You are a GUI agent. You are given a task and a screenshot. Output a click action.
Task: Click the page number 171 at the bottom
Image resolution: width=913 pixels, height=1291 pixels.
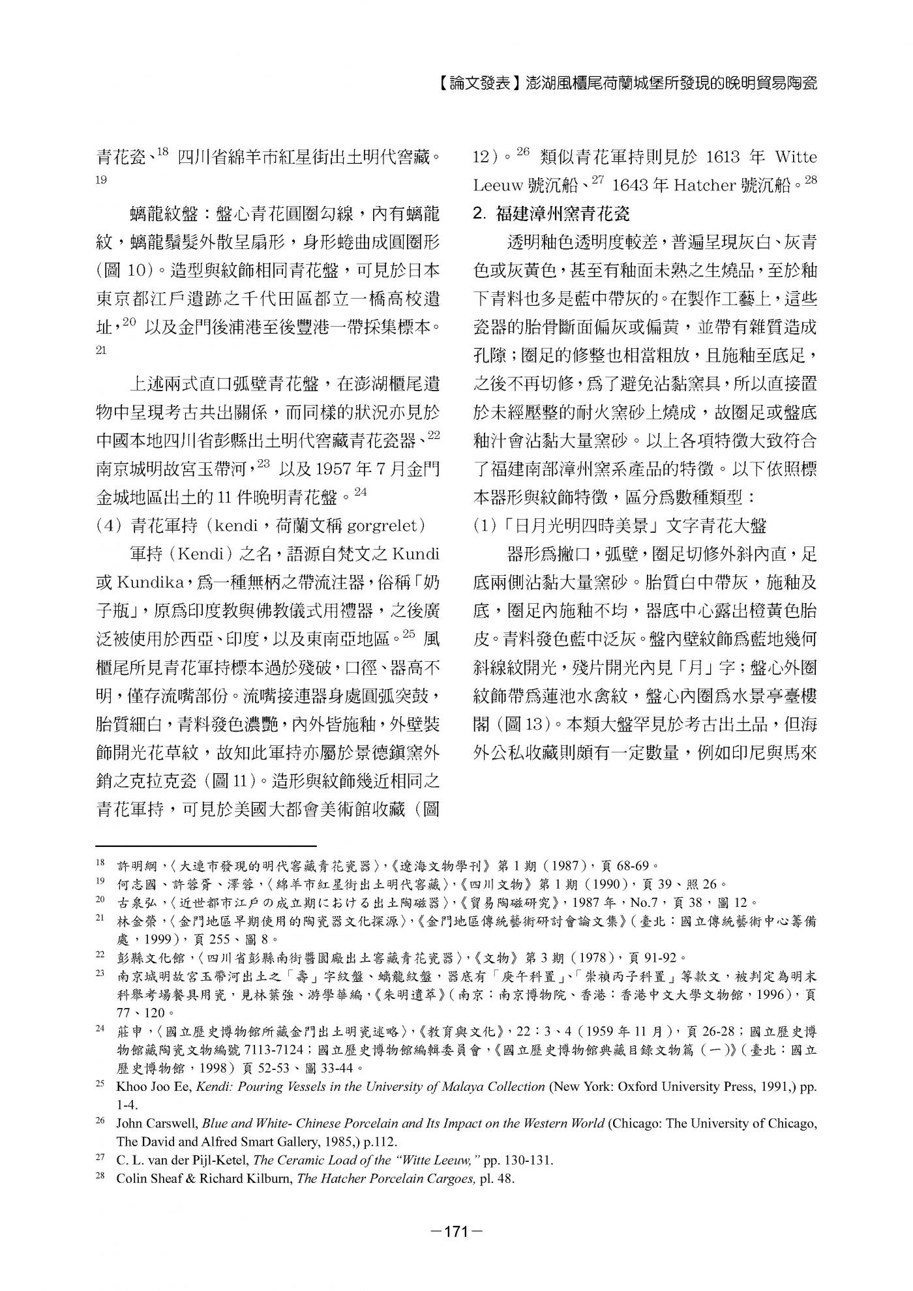[456, 1232]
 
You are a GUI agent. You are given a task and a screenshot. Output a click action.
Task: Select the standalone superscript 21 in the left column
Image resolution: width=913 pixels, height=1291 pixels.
[100, 350]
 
